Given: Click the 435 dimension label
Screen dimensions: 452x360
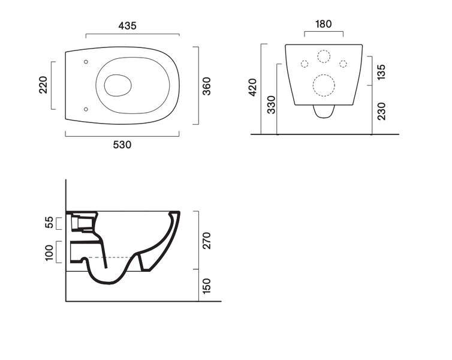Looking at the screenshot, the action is tap(127, 26).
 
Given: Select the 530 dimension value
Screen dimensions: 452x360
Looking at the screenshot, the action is tap(122, 145).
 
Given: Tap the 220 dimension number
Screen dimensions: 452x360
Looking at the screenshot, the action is tap(43, 85).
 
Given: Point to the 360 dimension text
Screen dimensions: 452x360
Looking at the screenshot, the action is tap(207, 86).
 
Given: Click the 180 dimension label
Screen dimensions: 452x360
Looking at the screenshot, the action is tap(324, 24).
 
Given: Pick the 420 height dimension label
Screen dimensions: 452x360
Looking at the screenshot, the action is tap(252, 87).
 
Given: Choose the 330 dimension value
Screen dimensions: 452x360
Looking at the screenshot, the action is tap(271, 105).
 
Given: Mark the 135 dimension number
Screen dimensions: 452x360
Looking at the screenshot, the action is tap(381, 72).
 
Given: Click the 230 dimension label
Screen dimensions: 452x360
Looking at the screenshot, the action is tap(381, 111).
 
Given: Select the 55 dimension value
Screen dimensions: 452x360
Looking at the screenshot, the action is tap(50, 222).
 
